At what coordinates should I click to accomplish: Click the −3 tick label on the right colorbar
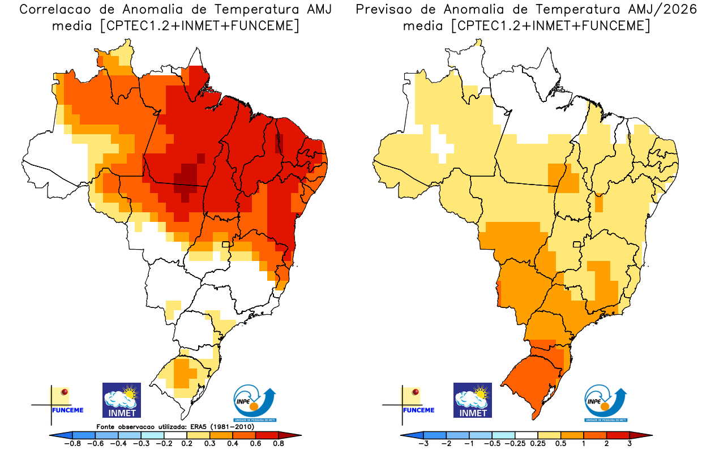pyautogui.click(x=423, y=444)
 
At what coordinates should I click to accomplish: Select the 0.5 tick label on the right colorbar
pyautogui.click(x=562, y=444)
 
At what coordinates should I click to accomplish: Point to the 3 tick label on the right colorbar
pyautogui.click(x=630, y=444)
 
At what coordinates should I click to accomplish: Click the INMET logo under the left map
pyautogui.click(x=121, y=400)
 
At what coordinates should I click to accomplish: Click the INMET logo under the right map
pyautogui.click(x=473, y=400)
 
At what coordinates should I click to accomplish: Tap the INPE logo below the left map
pyautogui.click(x=255, y=403)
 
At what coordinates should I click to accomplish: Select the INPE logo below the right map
pyautogui.click(x=605, y=403)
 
